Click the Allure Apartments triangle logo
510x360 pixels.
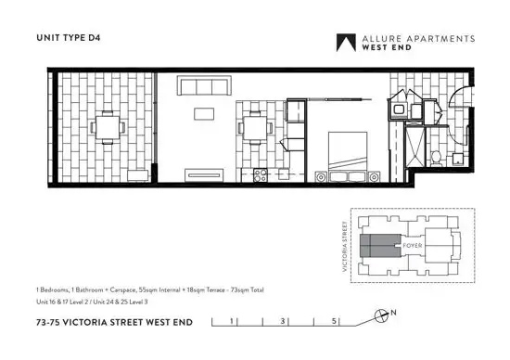tap(347, 43)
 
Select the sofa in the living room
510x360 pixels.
tap(203, 87)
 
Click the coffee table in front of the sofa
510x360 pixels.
tap(203, 115)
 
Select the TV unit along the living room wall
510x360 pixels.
tap(201, 174)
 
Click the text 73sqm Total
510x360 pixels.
tap(244, 290)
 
